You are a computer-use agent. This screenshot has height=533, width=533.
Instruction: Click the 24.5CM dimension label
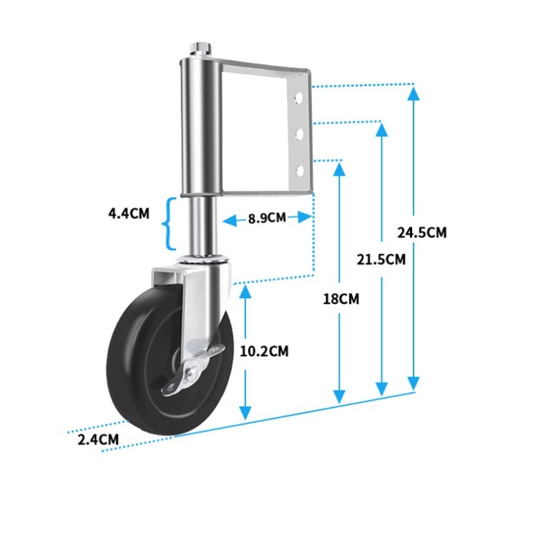coord(421,233)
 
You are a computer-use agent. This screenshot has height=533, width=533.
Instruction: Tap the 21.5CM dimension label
coord(381,260)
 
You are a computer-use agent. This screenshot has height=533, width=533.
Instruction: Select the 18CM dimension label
coord(341,299)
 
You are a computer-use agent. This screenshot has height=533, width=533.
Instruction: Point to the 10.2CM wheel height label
coord(264,351)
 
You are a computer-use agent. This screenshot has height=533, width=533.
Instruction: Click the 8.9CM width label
coord(267,218)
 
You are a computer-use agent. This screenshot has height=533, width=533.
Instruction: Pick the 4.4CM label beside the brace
coord(129,213)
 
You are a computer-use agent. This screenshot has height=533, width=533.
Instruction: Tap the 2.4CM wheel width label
coord(98,439)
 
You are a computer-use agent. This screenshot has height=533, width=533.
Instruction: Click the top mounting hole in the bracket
coord(299,98)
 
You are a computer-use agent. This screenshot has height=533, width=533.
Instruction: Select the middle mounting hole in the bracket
coord(300,134)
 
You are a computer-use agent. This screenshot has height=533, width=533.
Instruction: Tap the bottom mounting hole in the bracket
coord(300,171)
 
